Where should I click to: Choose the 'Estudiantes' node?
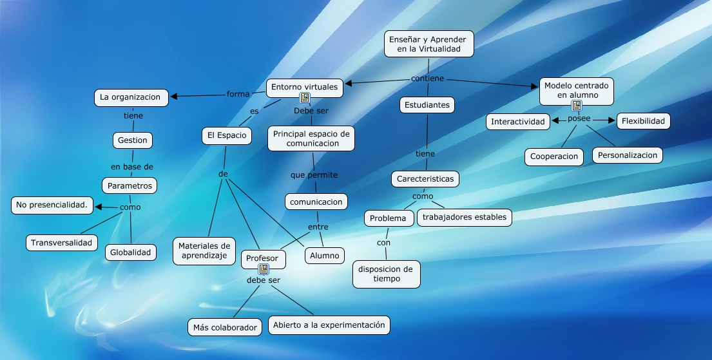tap(427, 104)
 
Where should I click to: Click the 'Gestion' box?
tap(133, 140)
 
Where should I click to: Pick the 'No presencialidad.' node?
tap(52, 206)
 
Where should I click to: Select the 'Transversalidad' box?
tap(63, 243)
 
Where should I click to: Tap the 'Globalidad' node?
tap(131, 252)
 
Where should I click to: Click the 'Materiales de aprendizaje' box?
tap(204, 251)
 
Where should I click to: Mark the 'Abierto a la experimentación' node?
tap(329, 325)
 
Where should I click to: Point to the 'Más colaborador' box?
tap(225, 327)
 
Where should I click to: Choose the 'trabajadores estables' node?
tap(465, 217)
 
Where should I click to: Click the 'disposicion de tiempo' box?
tap(387, 274)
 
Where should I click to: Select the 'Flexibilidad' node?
tap(643, 121)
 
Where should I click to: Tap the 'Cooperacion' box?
tap(554, 156)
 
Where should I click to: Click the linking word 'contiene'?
tap(427, 79)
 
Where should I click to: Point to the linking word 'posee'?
tap(579, 120)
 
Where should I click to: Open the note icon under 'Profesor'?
tap(263, 269)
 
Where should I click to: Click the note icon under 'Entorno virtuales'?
tap(305, 98)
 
